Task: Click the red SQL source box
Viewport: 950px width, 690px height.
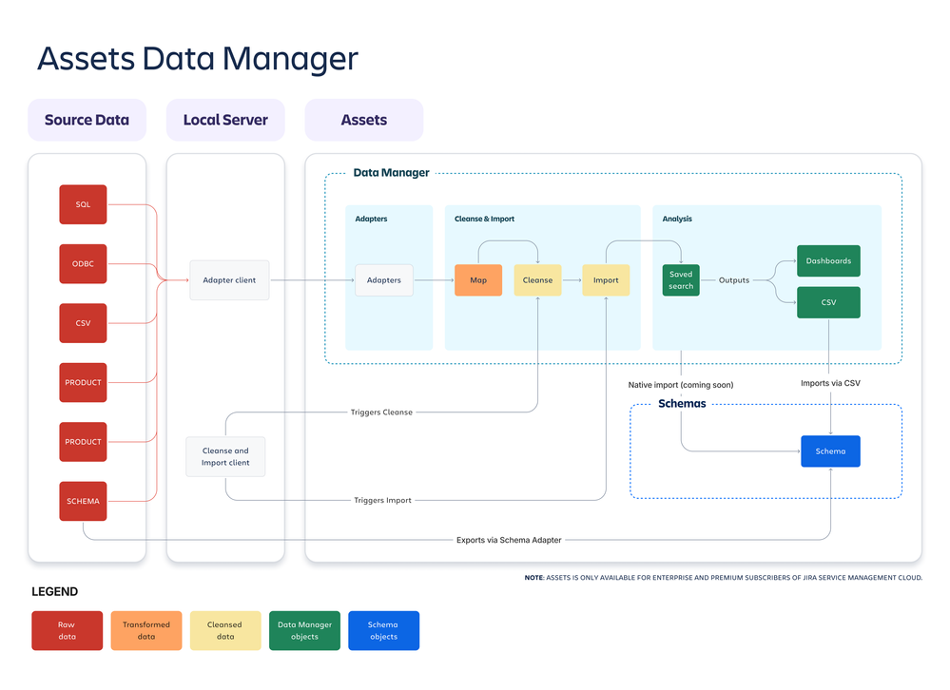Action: [83, 204]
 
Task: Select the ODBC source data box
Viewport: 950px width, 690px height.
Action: [83, 263]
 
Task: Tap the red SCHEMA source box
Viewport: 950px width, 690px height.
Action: [83, 501]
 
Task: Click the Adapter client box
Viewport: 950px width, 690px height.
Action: [229, 280]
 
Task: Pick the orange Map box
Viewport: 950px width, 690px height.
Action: [478, 280]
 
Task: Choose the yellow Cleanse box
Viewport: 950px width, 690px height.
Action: [537, 280]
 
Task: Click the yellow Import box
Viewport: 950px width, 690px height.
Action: [606, 280]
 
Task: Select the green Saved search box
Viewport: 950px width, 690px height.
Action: [681, 280]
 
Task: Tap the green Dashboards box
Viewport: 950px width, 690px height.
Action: [828, 260]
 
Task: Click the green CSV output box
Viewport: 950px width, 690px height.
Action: [828, 302]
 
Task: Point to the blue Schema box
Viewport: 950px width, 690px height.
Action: [830, 451]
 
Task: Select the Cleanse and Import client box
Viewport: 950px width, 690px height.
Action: [225, 457]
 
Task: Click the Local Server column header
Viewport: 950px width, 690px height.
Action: [225, 120]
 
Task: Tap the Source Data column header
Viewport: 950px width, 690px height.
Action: [87, 120]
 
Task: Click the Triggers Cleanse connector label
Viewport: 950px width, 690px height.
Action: [381, 412]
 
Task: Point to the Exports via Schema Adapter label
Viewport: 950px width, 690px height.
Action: [509, 540]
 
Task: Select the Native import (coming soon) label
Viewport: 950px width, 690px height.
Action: [681, 385]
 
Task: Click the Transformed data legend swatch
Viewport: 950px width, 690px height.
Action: [146, 630]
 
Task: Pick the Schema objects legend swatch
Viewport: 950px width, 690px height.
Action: [383, 630]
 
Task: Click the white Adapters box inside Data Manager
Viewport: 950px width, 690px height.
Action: [384, 280]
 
